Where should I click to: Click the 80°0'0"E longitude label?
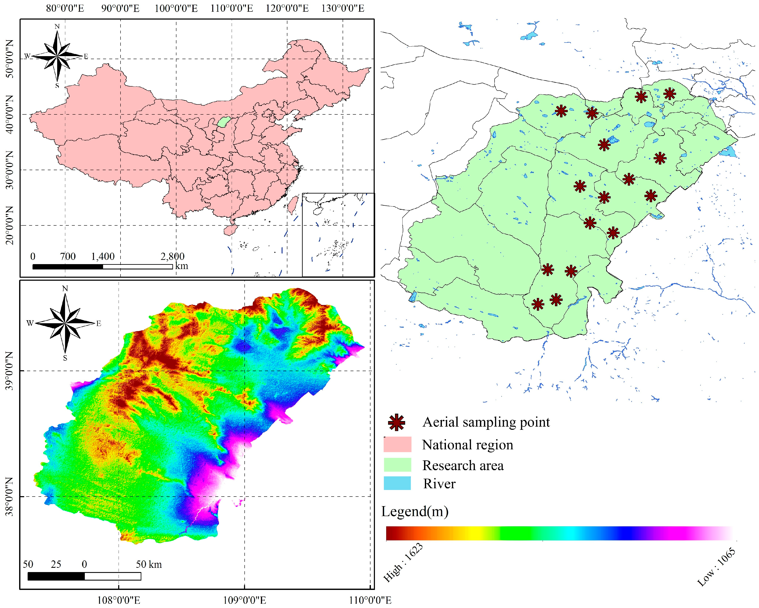coord(65,8)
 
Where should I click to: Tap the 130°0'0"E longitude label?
coord(343,8)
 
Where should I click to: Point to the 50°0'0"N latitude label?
coord(10,59)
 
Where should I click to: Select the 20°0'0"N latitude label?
coord(10,225)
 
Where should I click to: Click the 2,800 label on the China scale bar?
coord(173,256)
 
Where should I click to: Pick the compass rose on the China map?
coord(57,56)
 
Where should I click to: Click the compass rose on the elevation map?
coord(65,323)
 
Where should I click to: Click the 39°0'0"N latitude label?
coord(10,371)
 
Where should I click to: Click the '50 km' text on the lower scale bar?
coord(149,564)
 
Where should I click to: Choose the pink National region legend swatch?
coord(397,444)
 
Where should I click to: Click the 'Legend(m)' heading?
coord(415,511)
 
